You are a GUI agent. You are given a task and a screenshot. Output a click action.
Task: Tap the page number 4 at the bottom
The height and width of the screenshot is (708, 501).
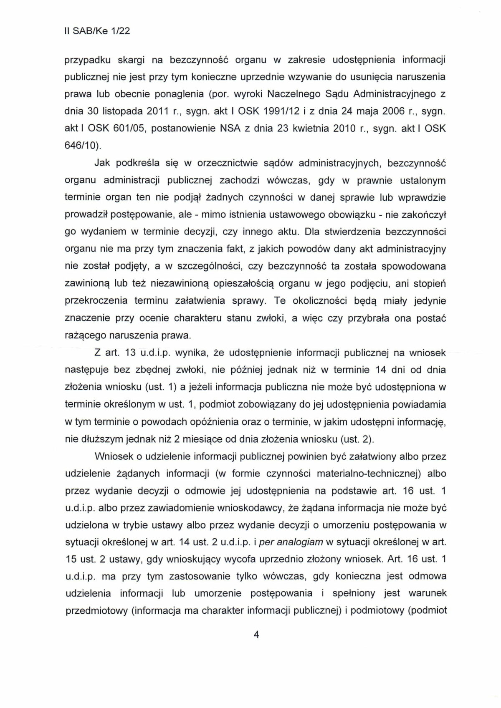(256, 635)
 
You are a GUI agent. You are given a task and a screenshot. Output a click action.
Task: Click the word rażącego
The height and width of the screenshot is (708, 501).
(84, 335)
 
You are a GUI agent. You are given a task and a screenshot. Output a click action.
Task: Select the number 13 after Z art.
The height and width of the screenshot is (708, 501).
(131, 353)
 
